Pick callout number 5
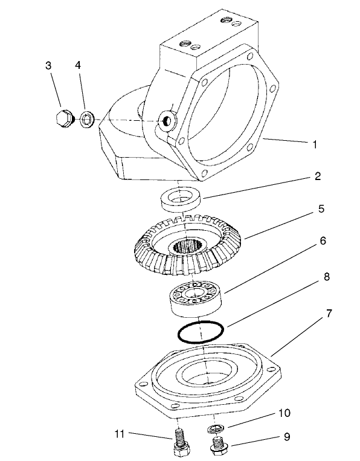click(x=321, y=209)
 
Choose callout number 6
click(x=323, y=240)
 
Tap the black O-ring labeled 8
click(x=201, y=332)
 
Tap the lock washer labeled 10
click(x=214, y=429)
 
